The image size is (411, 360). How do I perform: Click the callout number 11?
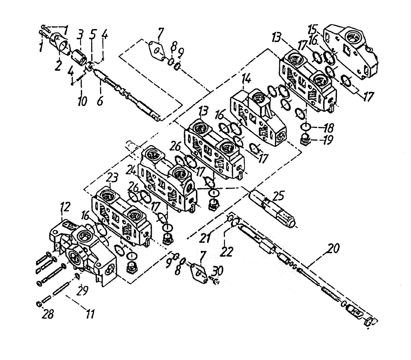90,315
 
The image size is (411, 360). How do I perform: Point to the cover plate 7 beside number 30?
199,271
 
